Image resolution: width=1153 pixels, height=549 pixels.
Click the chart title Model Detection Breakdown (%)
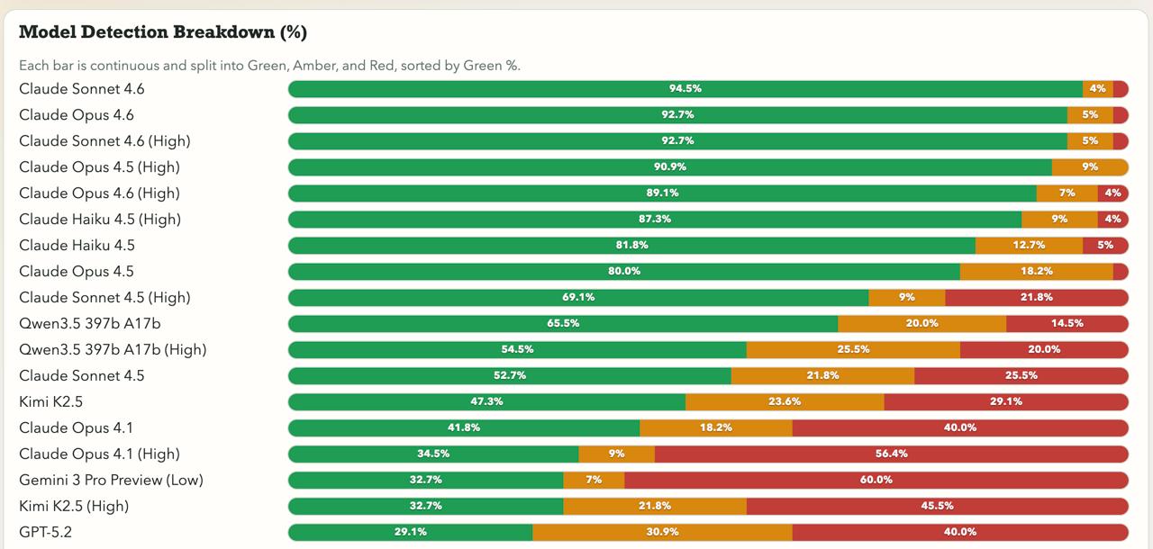pyautogui.click(x=163, y=32)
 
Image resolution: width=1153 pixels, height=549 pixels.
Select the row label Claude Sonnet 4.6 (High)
pyautogui.click(x=104, y=141)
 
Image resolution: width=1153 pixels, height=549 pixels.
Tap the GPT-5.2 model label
pyautogui.click(x=45, y=532)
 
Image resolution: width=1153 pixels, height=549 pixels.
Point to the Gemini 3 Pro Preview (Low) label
pyautogui.click(x=111, y=480)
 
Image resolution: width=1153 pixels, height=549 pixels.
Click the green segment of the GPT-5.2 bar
pyautogui.click(x=411, y=532)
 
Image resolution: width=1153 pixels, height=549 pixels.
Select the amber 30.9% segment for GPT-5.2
pyautogui.click(x=662, y=532)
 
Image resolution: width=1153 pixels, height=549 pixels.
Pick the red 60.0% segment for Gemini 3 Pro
pyautogui.click(x=876, y=480)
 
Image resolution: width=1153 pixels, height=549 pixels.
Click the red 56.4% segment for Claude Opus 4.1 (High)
pyautogui.click(x=891, y=454)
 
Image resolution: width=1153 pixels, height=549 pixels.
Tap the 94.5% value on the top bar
pyautogui.click(x=685, y=89)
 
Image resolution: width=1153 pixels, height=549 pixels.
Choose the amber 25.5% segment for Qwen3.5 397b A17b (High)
pyautogui.click(x=853, y=349)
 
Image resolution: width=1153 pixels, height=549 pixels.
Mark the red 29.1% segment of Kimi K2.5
pyautogui.click(x=1005, y=401)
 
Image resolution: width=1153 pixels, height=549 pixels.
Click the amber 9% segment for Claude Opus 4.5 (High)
pyautogui.click(x=1090, y=167)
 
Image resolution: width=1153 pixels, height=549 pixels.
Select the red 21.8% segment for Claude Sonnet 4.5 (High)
pyautogui.click(x=1036, y=297)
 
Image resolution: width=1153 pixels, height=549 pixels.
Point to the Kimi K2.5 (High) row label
pyautogui.click(x=74, y=506)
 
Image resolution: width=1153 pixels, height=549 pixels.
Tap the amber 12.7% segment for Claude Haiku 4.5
pyautogui.click(x=1029, y=245)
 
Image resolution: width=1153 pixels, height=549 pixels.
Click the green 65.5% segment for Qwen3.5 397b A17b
pyautogui.click(x=563, y=323)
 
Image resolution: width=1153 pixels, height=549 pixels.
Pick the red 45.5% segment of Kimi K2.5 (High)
pyautogui.click(x=937, y=506)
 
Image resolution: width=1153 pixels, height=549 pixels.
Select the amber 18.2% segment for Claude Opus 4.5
pyautogui.click(x=1036, y=271)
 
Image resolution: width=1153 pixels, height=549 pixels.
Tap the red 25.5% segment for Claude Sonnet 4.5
pyautogui.click(x=1021, y=375)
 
